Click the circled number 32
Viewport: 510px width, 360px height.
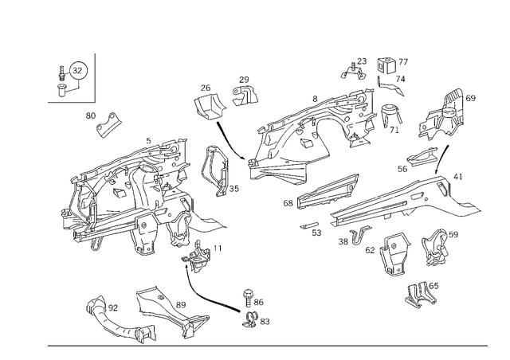coord(77,70)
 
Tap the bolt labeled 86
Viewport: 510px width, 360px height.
coord(248,298)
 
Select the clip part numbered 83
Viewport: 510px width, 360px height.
coord(249,319)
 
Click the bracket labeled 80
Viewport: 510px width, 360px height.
coord(108,124)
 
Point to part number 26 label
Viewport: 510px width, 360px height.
coord(206,88)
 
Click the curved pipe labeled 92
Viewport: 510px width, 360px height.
coord(120,320)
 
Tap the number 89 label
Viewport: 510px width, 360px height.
coord(181,305)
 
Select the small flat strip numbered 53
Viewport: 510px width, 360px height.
coord(308,225)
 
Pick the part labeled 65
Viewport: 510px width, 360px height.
coord(420,295)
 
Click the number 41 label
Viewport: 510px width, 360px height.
coord(458,177)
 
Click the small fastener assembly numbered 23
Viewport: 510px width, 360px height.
coord(354,72)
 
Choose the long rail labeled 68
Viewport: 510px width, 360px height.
coord(328,191)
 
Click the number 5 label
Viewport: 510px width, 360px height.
coord(149,141)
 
